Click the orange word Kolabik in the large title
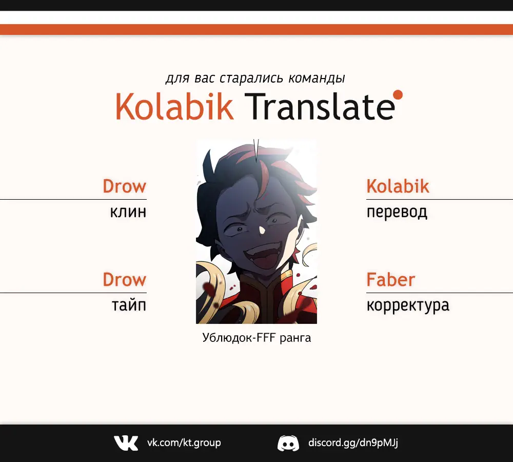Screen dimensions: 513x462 coord(174,106)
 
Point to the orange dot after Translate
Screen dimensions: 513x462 coord(398,94)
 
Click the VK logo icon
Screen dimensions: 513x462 coord(126,442)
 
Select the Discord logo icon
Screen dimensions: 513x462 coord(288,443)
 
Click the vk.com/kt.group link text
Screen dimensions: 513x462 coord(184,442)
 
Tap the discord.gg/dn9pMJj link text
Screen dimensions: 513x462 coord(353,442)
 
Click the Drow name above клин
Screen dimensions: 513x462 coord(124,186)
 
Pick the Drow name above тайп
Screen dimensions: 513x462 coord(124,279)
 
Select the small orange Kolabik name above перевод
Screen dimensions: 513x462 coord(398,186)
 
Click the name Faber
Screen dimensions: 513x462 coord(390,279)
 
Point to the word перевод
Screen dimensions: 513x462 coord(397,213)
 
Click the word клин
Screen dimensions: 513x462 coord(128,212)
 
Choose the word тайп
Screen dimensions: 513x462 coord(129,305)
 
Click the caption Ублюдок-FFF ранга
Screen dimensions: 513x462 coord(256,338)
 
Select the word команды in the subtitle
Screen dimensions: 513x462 coord(317,78)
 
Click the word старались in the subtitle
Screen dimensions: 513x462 coord(251,78)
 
